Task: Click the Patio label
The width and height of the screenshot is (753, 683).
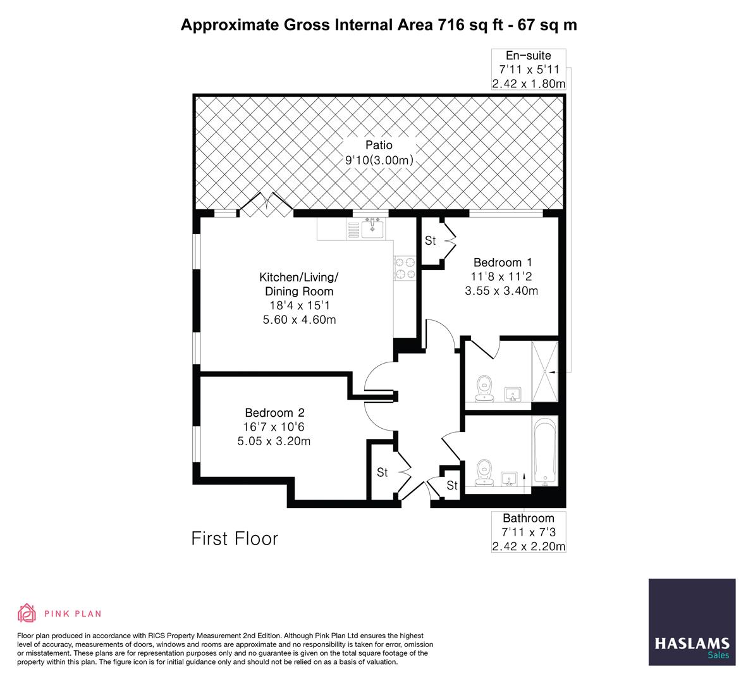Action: (378, 145)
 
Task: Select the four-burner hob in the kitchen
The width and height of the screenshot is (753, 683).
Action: (405, 268)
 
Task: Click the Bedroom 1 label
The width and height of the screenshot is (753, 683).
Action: (503, 262)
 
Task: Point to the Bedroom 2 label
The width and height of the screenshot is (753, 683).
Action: (274, 412)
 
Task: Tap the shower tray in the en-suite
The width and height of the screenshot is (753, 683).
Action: (545, 372)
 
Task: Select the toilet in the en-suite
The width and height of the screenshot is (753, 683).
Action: (485, 387)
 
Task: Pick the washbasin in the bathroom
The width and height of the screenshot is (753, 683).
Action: (511, 479)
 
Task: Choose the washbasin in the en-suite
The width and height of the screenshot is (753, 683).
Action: (513, 394)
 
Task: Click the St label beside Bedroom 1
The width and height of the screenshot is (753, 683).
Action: (431, 241)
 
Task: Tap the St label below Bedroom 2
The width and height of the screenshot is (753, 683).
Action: (383, 472)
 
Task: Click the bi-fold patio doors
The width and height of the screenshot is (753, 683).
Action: (266, 204)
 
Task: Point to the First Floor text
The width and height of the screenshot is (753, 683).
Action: (235, 539)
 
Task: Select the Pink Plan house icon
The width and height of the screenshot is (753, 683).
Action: (27, 613)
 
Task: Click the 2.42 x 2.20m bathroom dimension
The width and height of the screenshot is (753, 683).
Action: (529, 546)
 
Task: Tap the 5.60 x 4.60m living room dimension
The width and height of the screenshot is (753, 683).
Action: (299, 320)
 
